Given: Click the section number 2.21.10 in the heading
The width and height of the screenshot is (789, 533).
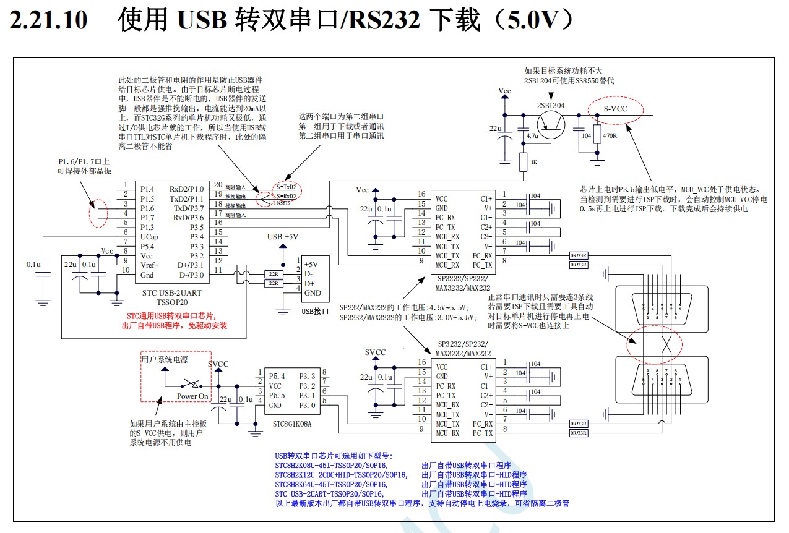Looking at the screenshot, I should point(49,20).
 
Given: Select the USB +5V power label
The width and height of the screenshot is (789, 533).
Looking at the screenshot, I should point(283,237).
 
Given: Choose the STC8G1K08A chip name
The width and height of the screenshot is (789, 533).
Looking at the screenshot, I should point(292,425).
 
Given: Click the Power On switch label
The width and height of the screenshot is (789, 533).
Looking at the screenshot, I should point(192,396).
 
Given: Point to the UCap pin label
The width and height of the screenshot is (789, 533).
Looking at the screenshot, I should point(149,237).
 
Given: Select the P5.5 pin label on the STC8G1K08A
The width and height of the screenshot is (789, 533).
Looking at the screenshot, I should point(276,395).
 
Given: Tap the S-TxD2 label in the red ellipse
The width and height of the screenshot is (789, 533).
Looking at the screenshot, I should point(286,187).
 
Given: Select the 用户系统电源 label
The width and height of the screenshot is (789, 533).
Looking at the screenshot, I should point(164,359).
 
